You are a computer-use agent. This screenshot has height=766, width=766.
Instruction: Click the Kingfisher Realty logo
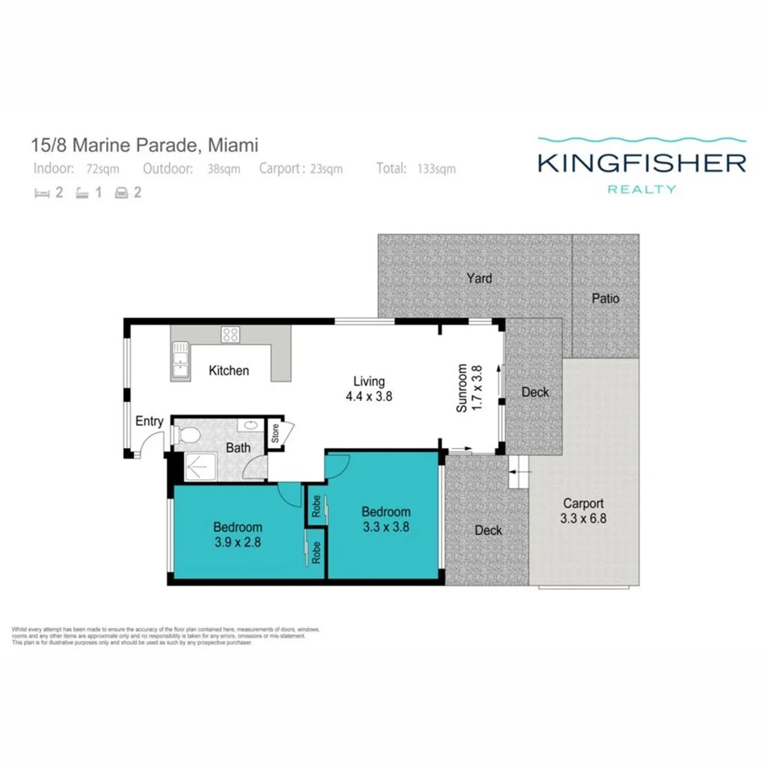point(641,164)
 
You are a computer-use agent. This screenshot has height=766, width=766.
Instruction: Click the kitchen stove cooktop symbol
point(231,335)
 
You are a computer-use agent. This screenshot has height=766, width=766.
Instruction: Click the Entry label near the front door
point(150,422)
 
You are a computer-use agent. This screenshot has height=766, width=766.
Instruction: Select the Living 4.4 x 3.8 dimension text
point(368,389)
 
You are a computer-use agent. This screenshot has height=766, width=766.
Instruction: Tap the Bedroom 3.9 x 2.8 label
point(238,534)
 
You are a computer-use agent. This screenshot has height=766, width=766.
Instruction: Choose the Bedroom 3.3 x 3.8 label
point(385,519)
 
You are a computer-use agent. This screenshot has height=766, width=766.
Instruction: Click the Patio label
point(606,298)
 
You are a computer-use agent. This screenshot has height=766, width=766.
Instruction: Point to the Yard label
point(479,278)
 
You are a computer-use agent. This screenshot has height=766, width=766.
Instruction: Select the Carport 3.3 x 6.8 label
point(584,511)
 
